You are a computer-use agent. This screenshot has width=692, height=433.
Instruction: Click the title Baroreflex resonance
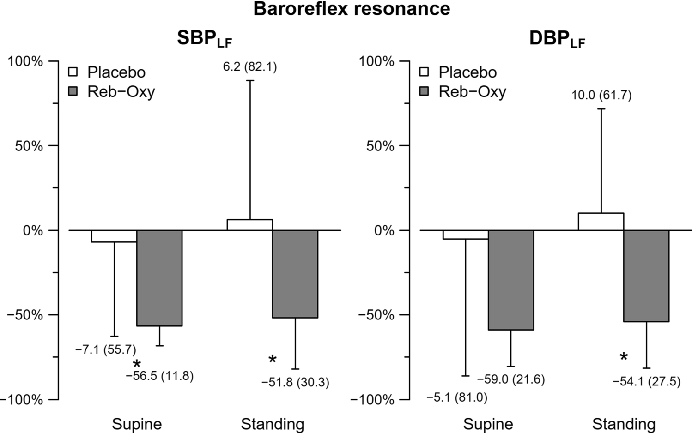pos(352,9)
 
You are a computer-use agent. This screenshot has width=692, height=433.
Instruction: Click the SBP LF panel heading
pos(204,40)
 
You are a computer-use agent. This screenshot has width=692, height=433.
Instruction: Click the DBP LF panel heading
pos(557,40)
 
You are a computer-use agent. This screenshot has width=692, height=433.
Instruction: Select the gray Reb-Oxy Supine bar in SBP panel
pos(159,278)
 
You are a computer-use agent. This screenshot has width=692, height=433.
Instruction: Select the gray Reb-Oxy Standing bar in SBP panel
pos(295,274)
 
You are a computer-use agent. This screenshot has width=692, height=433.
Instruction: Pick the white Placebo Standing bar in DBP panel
pos(601,222)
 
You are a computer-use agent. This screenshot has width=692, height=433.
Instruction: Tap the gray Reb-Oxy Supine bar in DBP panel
pos(511,280)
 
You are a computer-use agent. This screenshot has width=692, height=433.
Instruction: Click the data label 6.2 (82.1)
pos(250,67)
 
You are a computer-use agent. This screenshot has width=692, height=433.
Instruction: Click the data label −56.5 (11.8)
pos(160,376)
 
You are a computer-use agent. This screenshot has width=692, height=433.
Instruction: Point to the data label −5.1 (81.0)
pos(456,397)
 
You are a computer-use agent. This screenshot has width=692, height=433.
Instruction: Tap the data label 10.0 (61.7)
pos(601,96)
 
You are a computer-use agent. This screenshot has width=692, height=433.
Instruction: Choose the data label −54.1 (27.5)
pos(646,382)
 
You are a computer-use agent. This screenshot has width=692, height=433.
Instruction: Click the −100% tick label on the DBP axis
pos(372,400)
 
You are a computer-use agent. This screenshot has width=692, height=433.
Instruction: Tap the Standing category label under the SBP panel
pos(273,424)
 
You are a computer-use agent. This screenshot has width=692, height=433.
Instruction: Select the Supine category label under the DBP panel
pos(488,424)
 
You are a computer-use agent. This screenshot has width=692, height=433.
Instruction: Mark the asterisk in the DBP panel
pos(624,357)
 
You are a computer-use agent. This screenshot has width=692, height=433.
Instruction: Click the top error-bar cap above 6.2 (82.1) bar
pos(250,81)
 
